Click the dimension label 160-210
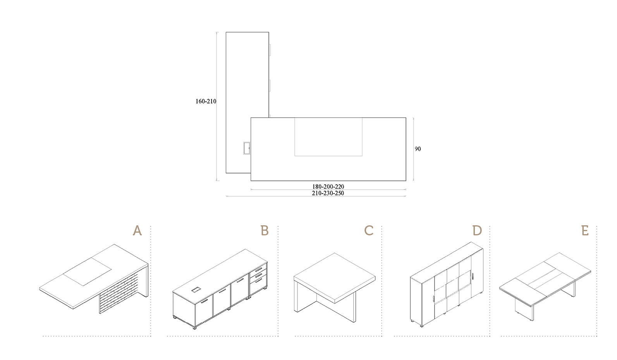point(206,101)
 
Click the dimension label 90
point(418,149)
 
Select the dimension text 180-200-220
point(328,187)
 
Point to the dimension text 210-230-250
point(328,193)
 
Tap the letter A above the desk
point(137,231)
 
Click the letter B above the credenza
point(265,231)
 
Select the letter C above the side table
point(369,231)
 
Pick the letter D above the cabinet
point(477,231)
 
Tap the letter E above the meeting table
point(585,231)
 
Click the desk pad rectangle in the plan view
point(328,137)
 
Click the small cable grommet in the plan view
point(246,148)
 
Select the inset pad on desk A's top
point(87,271)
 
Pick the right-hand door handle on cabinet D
point(473,277)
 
